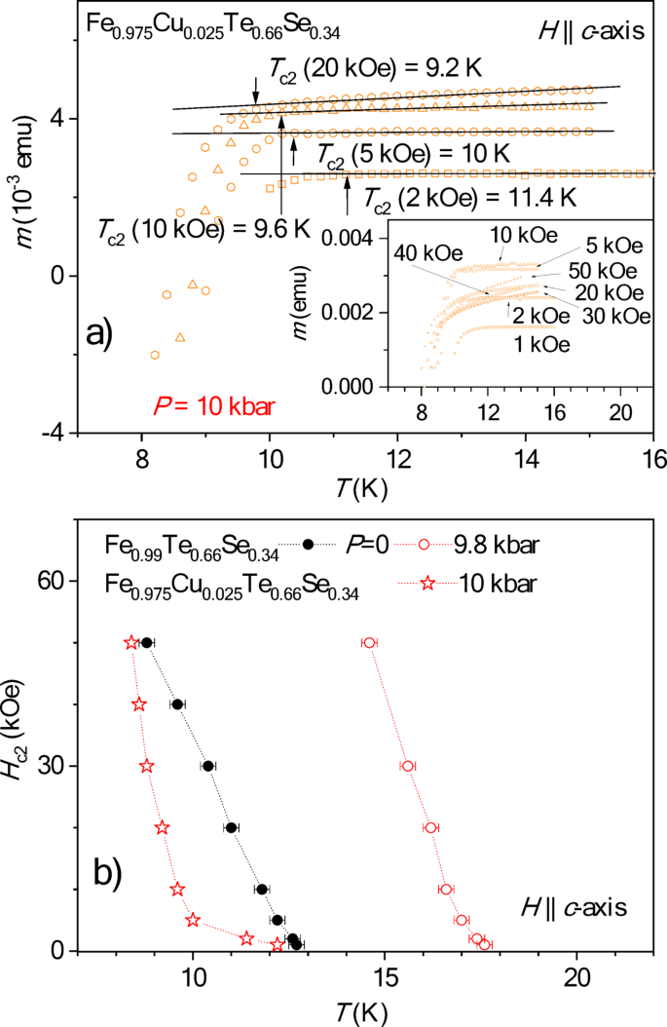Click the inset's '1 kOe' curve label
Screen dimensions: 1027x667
[x=543, y=344]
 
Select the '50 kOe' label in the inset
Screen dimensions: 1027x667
[x=604, y=270]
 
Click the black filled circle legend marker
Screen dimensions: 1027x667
[x=309, y=545]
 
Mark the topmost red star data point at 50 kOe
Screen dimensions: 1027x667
[x=131, y=642]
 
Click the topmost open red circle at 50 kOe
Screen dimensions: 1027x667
[x=369, y=642]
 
